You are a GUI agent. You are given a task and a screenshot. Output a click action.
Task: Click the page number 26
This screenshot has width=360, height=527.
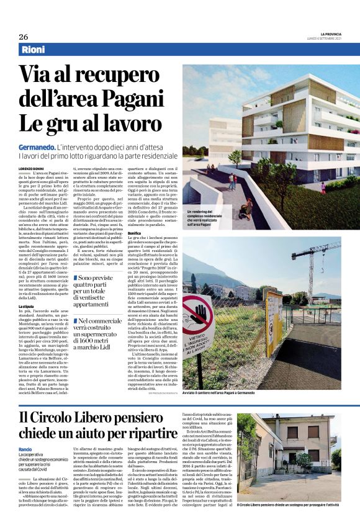[x=23, y=37]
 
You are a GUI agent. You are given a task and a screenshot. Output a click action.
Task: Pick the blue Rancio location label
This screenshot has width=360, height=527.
[x=25, y=449]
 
